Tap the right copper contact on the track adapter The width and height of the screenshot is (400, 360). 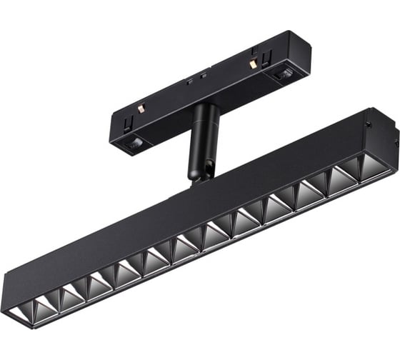251,63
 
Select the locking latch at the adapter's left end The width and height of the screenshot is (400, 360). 134,145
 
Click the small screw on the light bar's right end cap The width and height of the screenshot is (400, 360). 370,122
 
